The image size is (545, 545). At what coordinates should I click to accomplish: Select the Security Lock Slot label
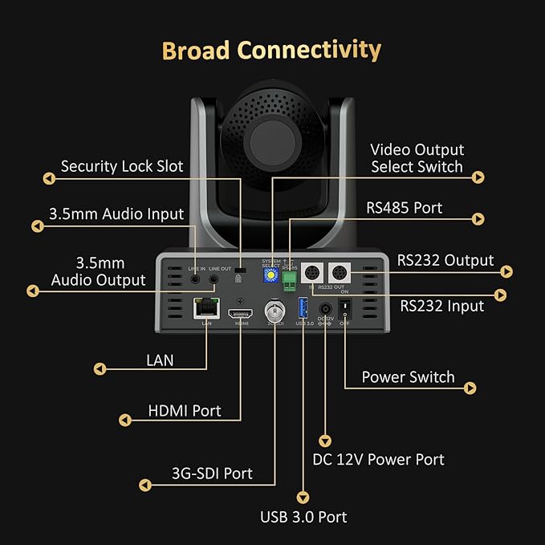point(122,167)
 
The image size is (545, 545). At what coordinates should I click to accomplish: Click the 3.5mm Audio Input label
point(116,214)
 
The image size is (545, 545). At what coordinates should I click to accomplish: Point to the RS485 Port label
point(405,208)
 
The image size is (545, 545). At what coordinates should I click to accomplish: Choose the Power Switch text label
point(408,377)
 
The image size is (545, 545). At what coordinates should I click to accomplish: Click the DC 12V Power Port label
point(378,459)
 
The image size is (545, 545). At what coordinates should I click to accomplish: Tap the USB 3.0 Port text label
point(303,516)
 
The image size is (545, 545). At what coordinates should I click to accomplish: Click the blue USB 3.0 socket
point(303,308)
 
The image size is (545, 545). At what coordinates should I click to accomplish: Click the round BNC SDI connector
point(274,310)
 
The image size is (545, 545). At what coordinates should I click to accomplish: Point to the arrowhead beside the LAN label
point(100,369)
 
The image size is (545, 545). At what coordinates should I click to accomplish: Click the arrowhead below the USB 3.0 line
point(303,497)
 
